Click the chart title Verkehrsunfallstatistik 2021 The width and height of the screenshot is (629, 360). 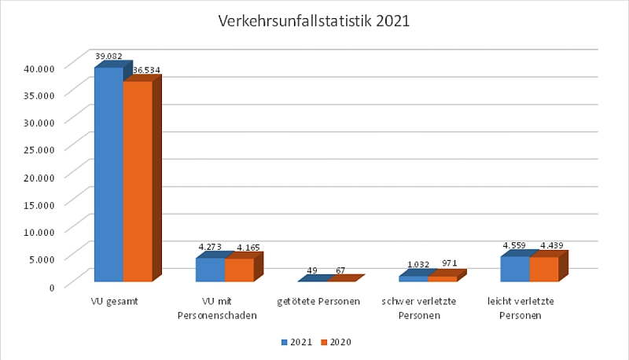(x=314, y=21)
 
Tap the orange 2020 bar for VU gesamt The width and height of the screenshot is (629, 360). (x=138, y=181)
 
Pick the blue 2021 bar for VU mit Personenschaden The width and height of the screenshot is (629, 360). (x=210, y=270)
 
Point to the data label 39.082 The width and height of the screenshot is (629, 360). (x=110, y=56)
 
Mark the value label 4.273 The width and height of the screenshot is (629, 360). (x=211, y=247)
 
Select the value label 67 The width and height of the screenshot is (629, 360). (x=340, y=271)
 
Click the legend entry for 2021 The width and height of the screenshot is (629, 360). (x=297, y=342)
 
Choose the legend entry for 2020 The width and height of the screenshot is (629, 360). (x=337, y=342)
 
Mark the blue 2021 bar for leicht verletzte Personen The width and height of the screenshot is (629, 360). (x=515, y=269)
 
